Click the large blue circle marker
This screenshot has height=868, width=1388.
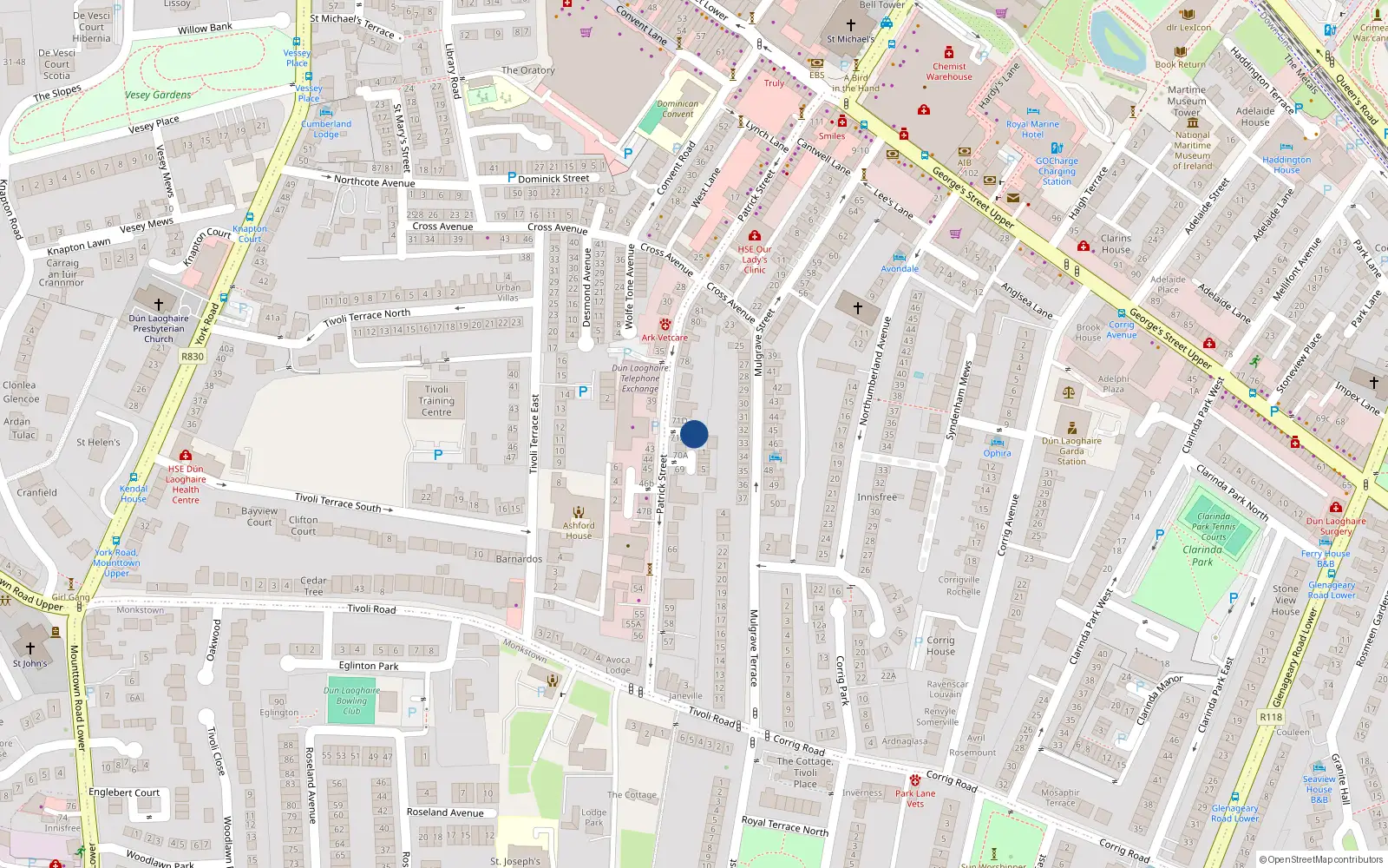694,434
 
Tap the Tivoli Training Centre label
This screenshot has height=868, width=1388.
436,401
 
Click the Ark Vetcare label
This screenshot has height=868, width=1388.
665,338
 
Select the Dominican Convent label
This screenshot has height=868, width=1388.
678,108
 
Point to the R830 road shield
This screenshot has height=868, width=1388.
193,357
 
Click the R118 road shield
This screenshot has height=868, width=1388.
1271,717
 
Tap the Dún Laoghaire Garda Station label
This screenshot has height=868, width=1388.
1071,450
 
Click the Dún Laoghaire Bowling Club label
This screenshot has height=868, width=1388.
351,700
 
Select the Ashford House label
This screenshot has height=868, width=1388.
579,529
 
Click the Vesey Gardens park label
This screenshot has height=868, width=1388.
158,95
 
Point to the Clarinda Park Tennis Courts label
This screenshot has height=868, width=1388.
1214,527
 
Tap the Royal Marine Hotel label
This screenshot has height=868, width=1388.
1032,129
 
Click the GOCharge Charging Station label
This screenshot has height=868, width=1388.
1057,171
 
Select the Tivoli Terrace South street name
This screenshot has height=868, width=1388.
337,502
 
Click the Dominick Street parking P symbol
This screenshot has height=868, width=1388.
512,177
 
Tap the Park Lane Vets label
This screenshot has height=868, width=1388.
915,798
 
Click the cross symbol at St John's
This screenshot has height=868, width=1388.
30,648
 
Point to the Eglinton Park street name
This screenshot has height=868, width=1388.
369,666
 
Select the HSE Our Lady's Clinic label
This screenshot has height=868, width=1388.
755,260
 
